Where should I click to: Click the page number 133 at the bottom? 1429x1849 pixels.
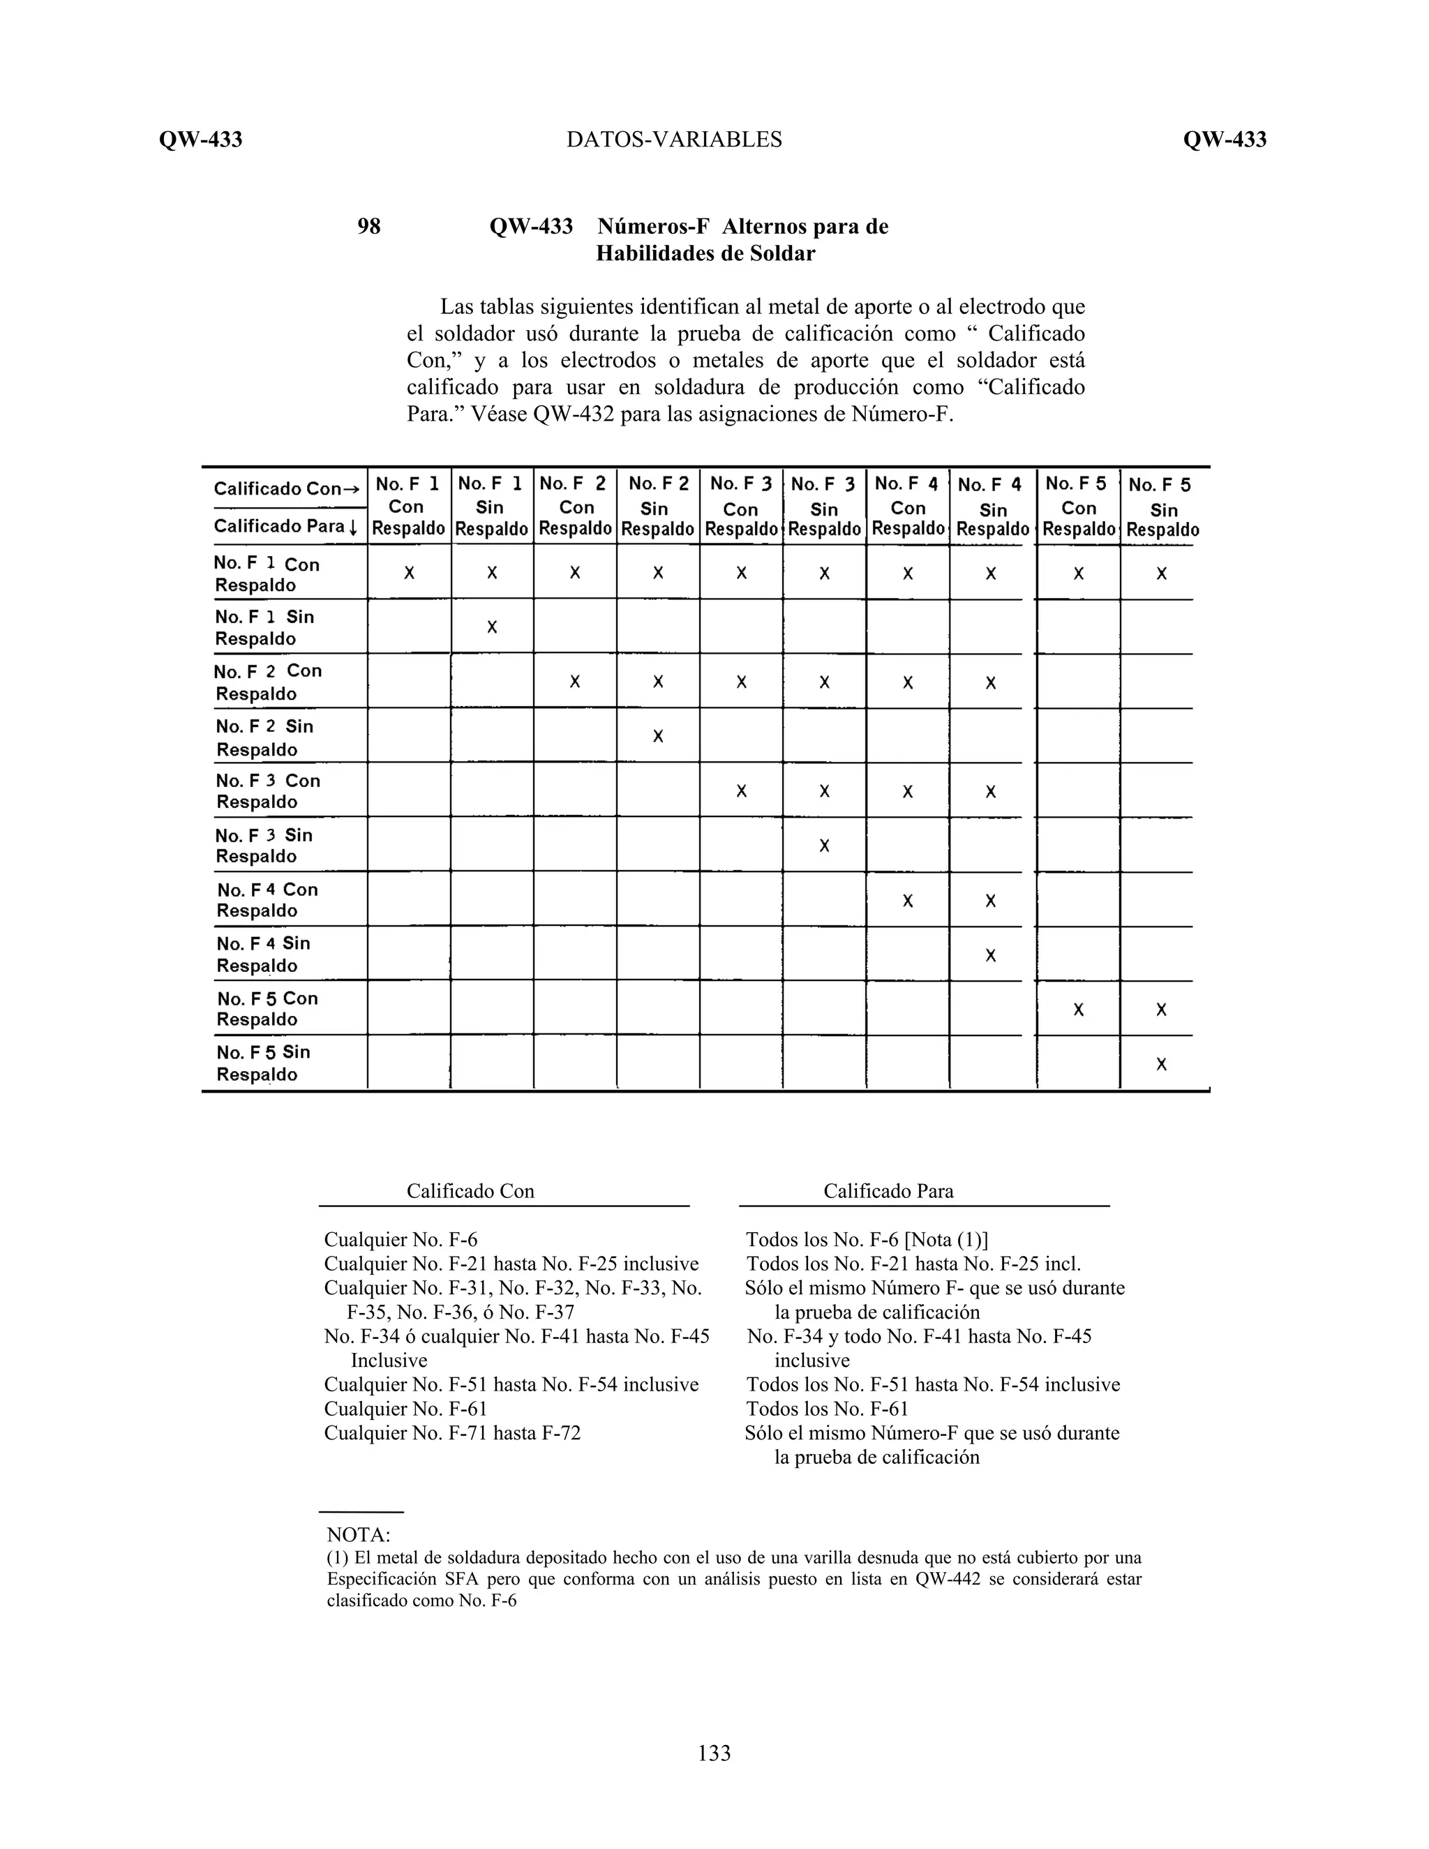[714, 1753]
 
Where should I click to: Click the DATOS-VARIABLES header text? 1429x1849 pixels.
[674, 140]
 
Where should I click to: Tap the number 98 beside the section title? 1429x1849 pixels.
[369, 227]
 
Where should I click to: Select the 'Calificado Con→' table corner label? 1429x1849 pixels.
[286, 488]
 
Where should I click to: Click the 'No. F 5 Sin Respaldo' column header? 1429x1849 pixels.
[1162, 507]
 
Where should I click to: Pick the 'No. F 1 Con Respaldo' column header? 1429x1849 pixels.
[408, 507]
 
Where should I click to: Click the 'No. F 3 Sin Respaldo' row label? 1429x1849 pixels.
[264, 846]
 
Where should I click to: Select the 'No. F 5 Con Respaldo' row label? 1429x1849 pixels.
[267, 1008]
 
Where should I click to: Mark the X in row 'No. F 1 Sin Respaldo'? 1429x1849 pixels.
[492, 627]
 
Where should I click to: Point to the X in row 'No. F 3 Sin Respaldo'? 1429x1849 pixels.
[825, 846]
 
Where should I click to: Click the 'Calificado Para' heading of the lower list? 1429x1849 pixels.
[888, 1191]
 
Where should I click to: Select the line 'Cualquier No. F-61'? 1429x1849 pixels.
[405, 1409]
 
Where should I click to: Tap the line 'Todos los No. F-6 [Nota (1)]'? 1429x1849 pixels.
[866, 1241]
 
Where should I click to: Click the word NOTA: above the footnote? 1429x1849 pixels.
[358, 1535]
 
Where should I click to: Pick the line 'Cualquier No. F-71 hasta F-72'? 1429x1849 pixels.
[452, 1433]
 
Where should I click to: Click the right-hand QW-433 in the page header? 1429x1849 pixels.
[1224, 140]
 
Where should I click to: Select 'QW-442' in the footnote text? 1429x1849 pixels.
[948, 1579]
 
